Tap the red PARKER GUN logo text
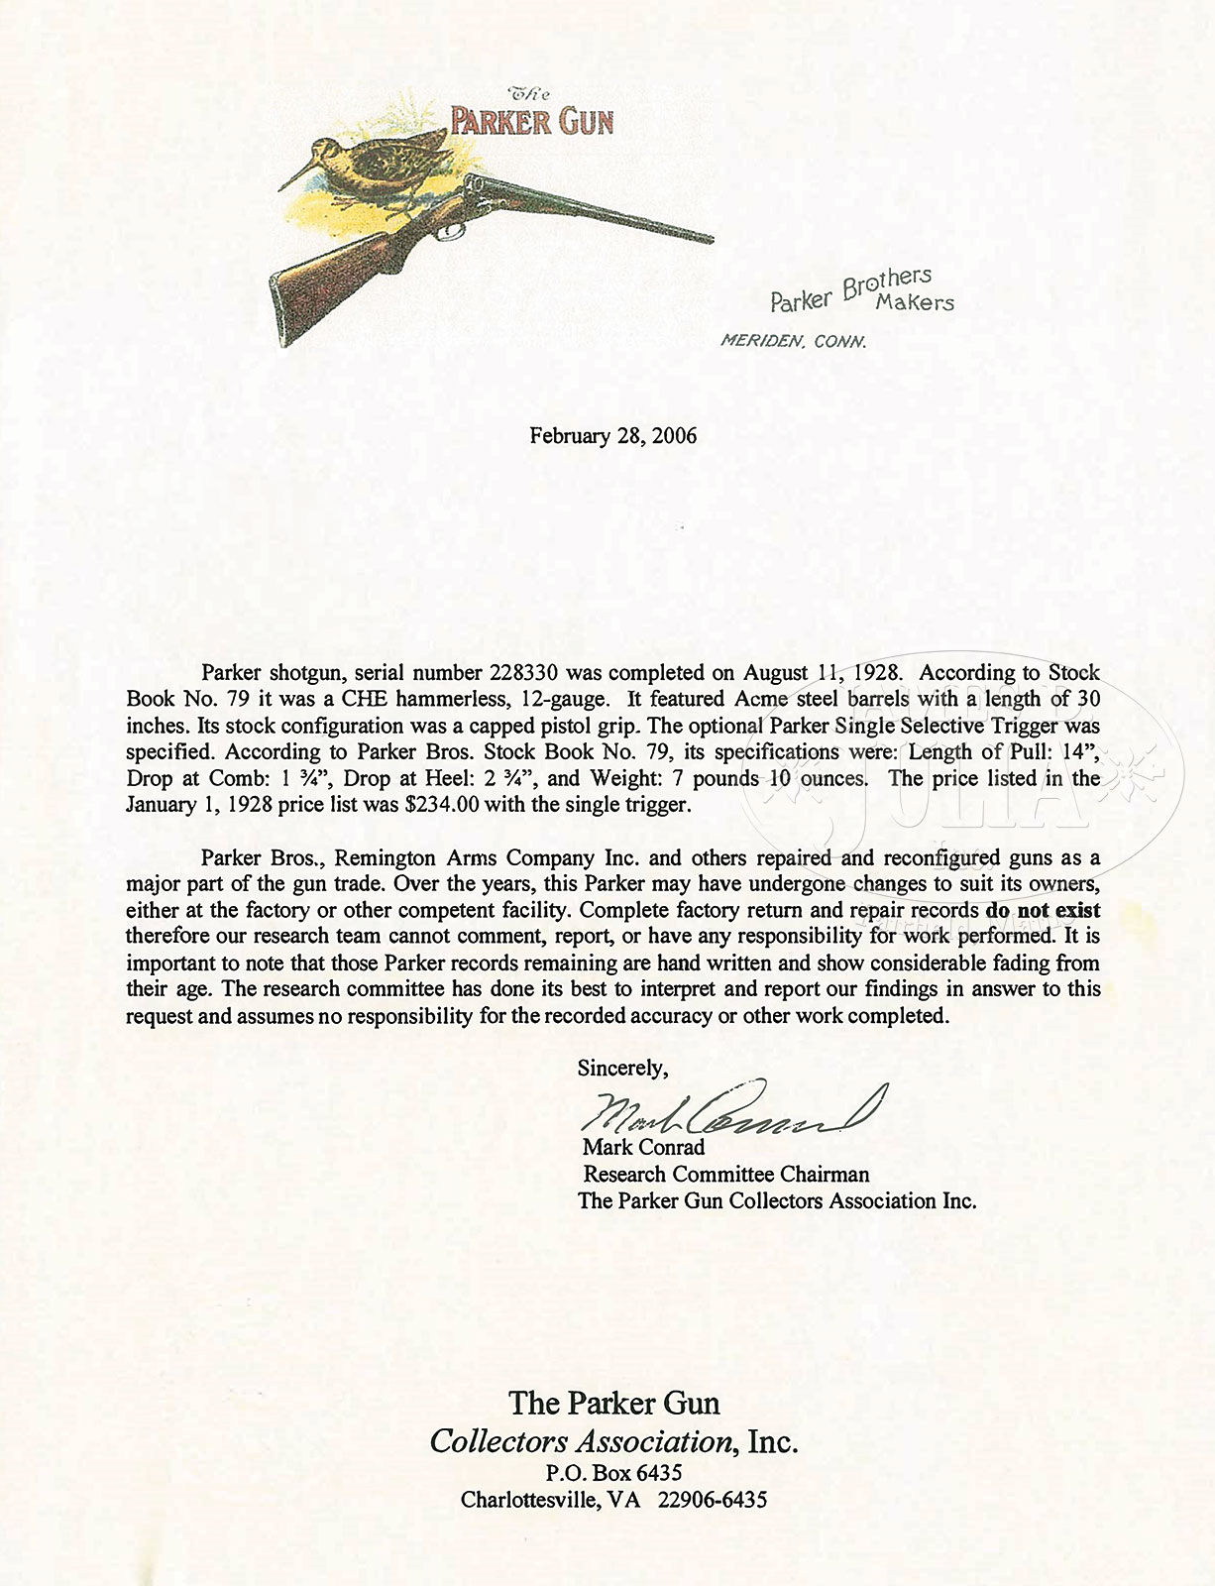click(x=532, y=122)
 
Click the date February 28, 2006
click(x=612, y=436)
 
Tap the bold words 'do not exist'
click(x=1043, y=910)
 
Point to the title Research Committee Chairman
click(x=725, y=1175)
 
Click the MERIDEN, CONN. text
click(x=794, y=342)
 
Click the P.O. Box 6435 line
click(x=613, y=1473)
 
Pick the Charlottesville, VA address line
click(x=613, y=1500)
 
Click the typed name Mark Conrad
click(x=644, y=1148)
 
